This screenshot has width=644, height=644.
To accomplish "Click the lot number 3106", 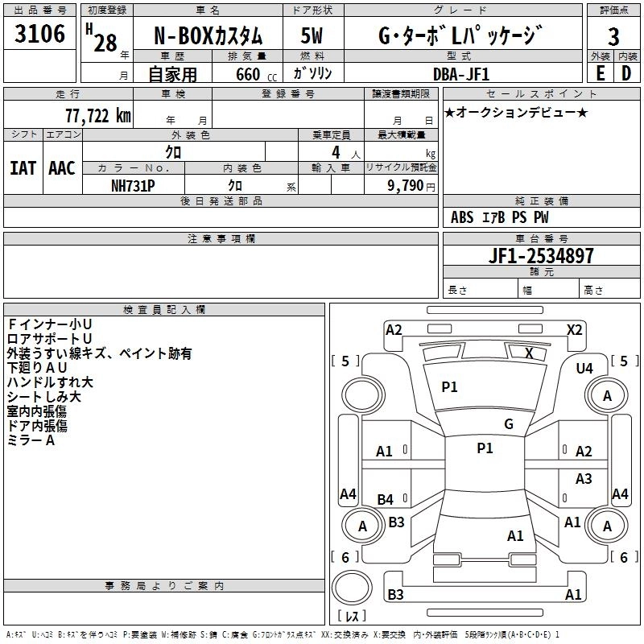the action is pyautogui.click(x=40, y=35).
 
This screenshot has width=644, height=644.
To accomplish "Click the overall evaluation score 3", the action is pyautogui.click(x=613, y=37).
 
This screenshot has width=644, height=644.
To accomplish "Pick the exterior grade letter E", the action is pyautogui.click(x=600, y=72).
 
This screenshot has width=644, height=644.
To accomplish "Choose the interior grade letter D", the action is pyautogui.click(x=626, y=72).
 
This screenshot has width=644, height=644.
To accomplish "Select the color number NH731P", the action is pyautogui.click(x=133, y=184).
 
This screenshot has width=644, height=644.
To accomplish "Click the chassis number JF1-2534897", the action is pyautogui.click(x=542, y=256).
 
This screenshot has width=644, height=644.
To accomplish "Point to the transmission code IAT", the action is pyautogui.click(x=23, y=168).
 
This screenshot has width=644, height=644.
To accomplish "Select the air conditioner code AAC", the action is pyautogui.click(x=61, y=168).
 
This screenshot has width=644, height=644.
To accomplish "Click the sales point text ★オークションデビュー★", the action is pyautogui.click(x=516, y=112).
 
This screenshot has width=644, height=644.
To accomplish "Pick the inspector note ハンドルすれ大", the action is pyautogui.click(x=50, y=382).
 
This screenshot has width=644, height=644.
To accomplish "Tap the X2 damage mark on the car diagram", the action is pyautogui.click(x=574, y=329).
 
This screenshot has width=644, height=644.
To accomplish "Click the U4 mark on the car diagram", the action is pyautogui.click(x=584, y=368).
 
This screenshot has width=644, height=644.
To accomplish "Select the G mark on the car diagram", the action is pyautogui.click(x=509, y=424).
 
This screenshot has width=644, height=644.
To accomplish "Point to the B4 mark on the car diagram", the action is pyautogui.click(x=386, y=500).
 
